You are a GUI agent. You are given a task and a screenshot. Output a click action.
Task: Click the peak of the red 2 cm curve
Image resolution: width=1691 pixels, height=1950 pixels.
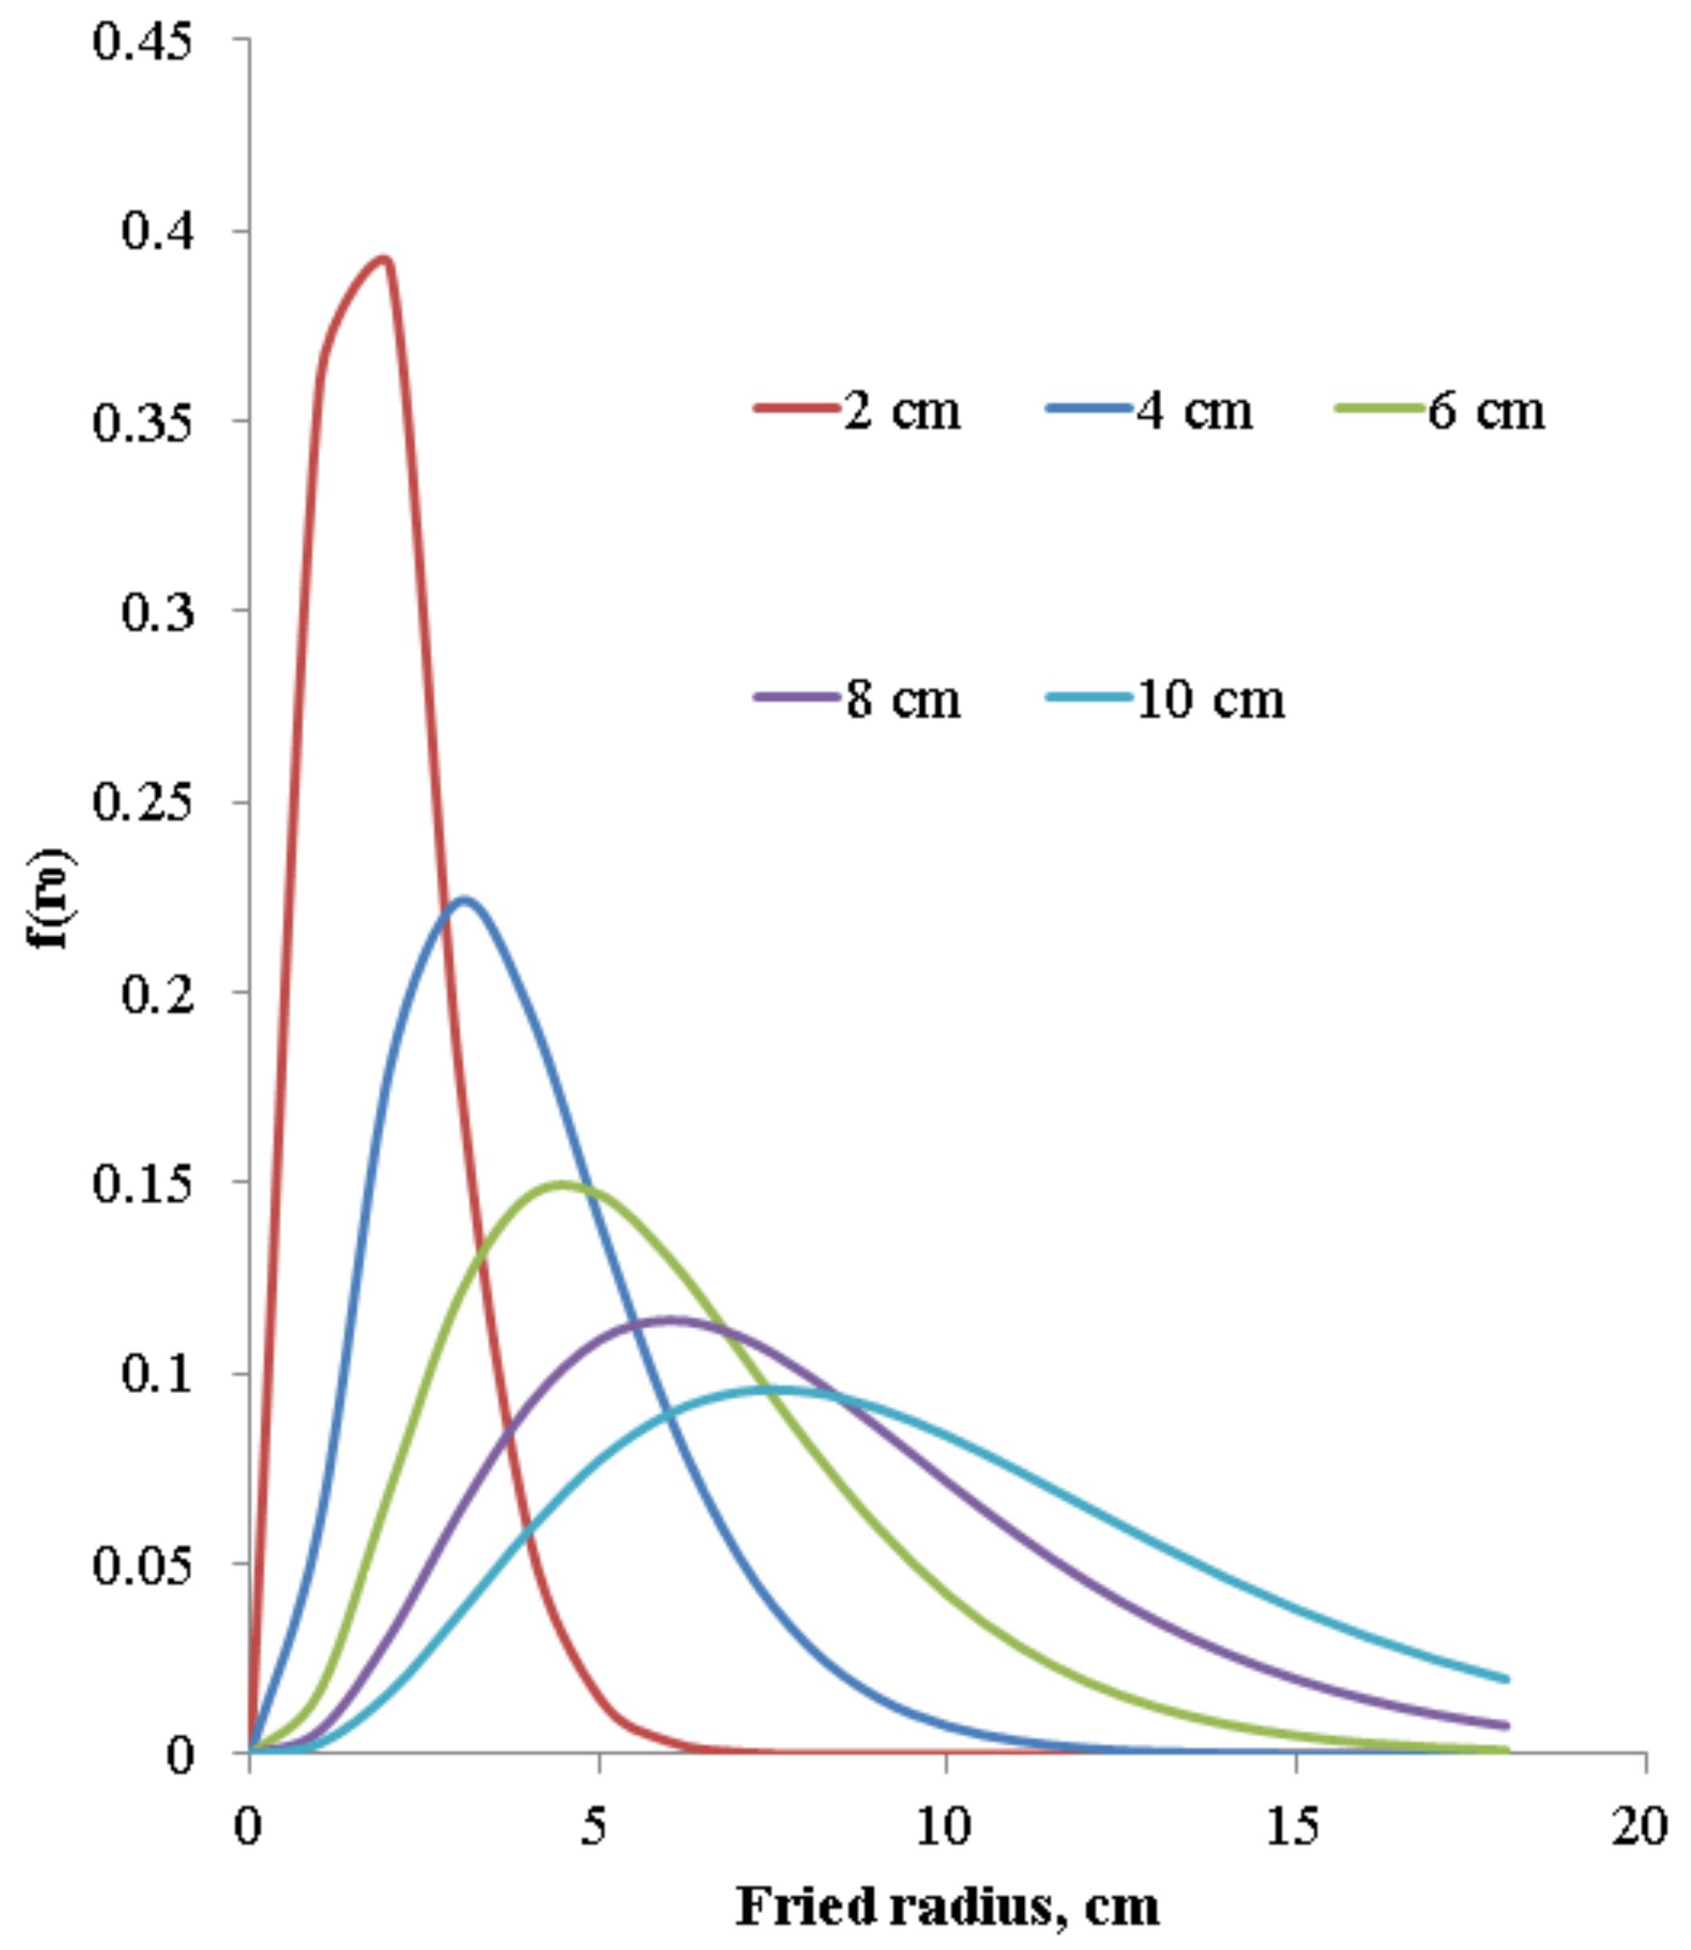click(x=383, y=259)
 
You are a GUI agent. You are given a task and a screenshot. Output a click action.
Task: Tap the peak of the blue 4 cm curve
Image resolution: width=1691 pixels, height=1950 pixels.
click(x=463, y=899)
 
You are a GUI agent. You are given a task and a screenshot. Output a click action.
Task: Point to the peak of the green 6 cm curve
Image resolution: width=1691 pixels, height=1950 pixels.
click(x=562, y=1184)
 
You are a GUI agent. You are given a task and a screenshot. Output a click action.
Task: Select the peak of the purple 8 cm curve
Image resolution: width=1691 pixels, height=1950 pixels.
click(x=671, y=1319)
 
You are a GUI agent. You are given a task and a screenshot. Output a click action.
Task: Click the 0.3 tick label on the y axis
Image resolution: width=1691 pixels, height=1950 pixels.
click(x=158, y=611)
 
